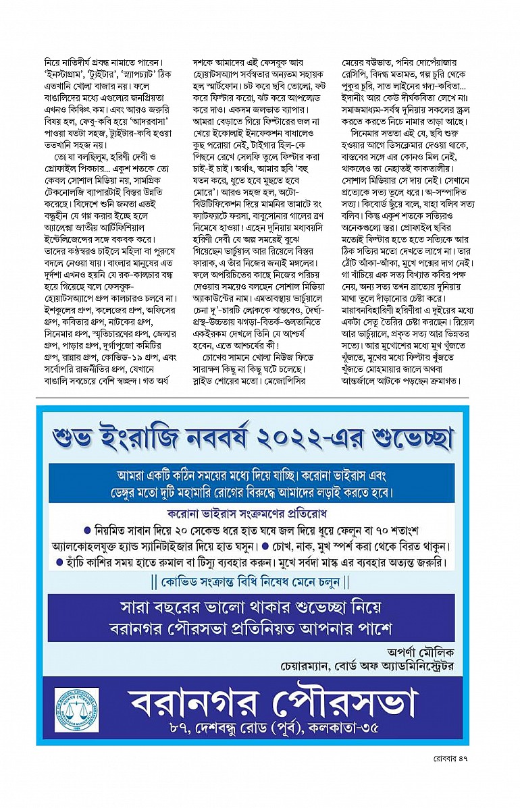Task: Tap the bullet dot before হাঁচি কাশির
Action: point(59,562)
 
